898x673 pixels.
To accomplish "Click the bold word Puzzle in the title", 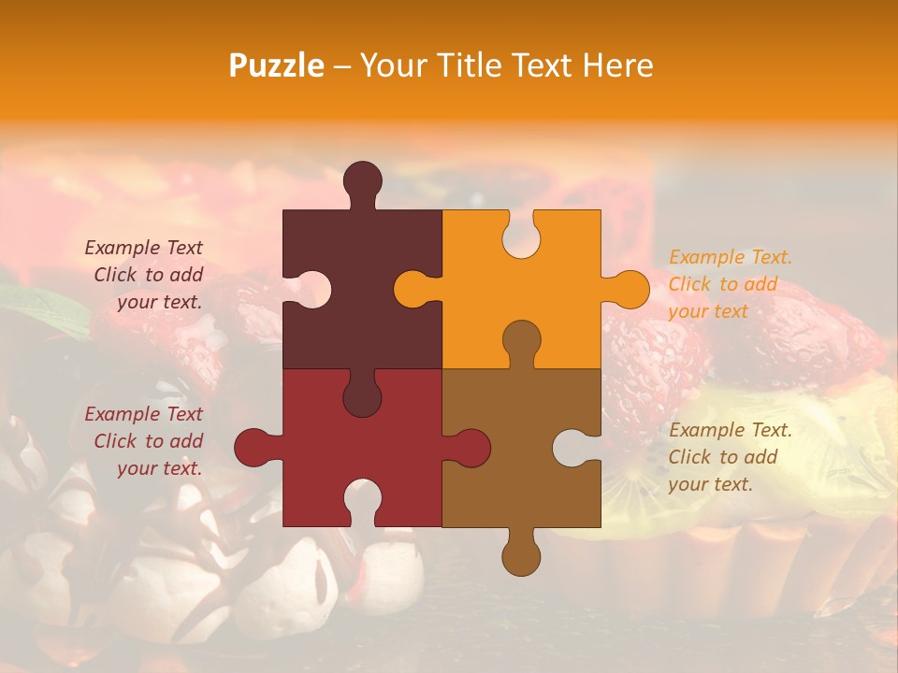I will point(277,65).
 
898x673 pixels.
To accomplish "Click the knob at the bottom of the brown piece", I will point(521,553).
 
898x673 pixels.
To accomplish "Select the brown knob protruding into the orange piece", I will point(521,341).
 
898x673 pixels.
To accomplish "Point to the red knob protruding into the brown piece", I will point(469,448).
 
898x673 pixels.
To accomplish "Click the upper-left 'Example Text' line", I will point(144,248).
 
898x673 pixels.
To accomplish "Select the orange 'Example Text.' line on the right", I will point(731,257).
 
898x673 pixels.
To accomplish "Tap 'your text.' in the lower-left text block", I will point(159,468).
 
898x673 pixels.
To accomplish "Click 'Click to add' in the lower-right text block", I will point(723,457).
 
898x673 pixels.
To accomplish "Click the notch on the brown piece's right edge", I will point(572,448).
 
